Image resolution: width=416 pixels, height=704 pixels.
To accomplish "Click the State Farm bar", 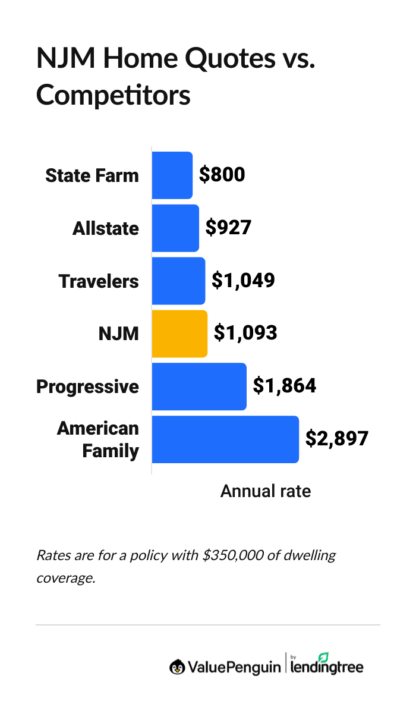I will tap(172, 175).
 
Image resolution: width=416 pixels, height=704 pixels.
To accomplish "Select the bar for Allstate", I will tap(175, 228).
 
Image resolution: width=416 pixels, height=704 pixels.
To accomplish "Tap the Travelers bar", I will tap(178, 281).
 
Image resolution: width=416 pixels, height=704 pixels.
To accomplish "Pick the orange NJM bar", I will tap(179, 334).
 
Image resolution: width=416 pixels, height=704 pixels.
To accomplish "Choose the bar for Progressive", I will tap(199, 386).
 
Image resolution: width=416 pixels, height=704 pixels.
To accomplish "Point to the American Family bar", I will tap(225, 439).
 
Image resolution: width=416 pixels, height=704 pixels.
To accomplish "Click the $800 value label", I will tap(222, 175).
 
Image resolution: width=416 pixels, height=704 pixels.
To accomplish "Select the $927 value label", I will tap(228, 228).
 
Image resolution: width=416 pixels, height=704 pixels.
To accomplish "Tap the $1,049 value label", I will tap(243, 281).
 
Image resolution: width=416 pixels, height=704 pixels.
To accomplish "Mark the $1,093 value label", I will tap(245, 333).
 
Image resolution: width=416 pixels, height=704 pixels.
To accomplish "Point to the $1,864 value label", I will tap(285, 386).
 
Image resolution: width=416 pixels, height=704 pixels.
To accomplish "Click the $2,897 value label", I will tap(337, 439).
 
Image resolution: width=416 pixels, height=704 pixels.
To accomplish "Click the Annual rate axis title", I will tap(266, 492).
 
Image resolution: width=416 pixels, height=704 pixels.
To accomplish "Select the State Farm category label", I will tap(92, 175).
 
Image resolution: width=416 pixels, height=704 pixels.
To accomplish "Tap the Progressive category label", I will tap(87, 386).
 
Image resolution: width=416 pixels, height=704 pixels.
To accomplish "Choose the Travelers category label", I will tap(99, 281).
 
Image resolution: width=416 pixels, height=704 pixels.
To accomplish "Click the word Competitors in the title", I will tap(114, 95).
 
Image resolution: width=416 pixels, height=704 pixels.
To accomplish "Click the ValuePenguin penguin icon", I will tap(177, 667).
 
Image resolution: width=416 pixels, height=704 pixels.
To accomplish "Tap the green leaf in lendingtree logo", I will tap(323, 658).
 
